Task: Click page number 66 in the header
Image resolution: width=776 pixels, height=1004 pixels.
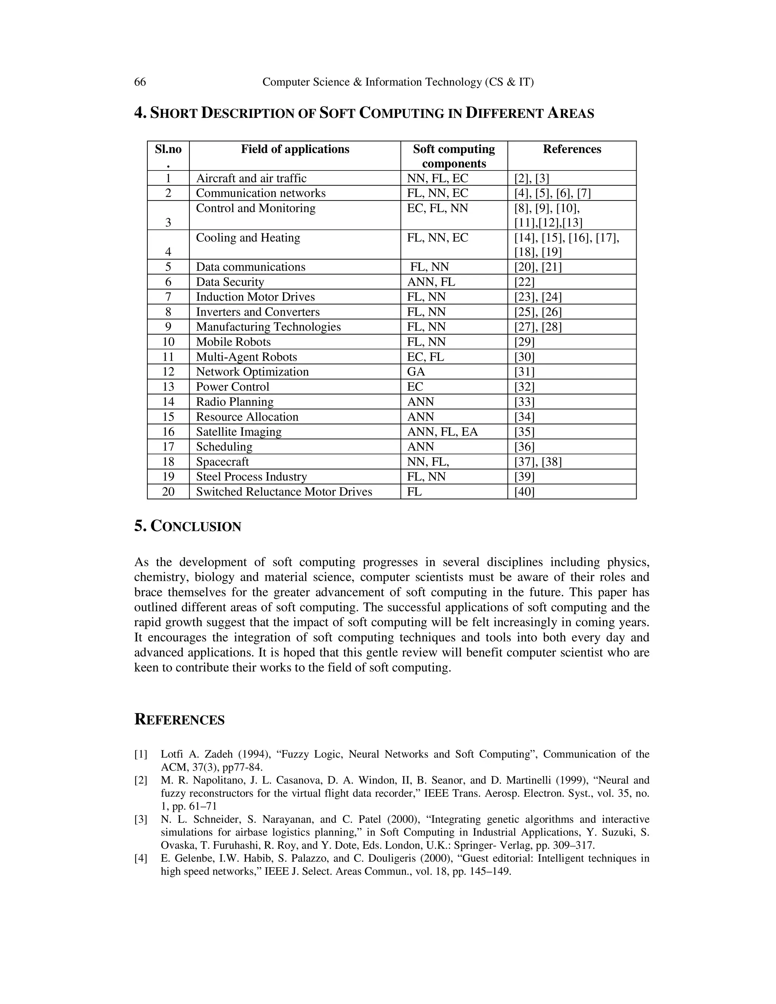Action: (140, 82)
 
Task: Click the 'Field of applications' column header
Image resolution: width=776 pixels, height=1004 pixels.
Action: (295, 149)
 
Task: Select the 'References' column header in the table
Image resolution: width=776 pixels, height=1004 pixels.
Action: (571, 149)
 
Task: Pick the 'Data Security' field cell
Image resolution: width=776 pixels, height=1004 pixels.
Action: (230, 282)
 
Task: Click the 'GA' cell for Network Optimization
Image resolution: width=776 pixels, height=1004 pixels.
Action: (416, 371)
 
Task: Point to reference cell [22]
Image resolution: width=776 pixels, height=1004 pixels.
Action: (524, 282)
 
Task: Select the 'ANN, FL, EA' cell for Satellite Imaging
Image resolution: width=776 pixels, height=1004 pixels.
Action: (442, 432)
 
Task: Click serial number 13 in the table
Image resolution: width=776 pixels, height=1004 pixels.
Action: (168, 386)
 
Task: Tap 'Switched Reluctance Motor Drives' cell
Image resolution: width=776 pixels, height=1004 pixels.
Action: (284, 491)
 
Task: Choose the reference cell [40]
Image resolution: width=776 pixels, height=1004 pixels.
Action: (524, 491)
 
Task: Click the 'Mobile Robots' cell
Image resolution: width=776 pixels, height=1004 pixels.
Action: (233, 342)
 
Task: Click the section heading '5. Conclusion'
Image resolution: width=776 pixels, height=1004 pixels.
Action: (188, 526)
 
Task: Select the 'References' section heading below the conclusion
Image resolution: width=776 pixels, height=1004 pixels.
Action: (179, 719)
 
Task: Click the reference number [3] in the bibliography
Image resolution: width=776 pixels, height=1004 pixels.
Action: (141, 819)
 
